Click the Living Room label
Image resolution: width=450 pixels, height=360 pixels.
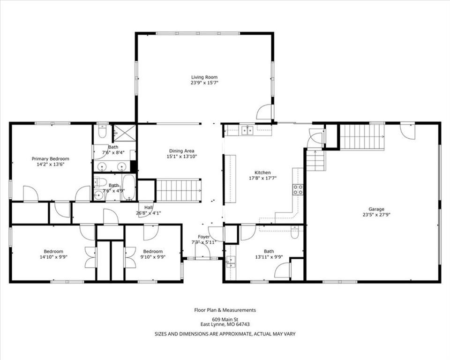click(204, 77)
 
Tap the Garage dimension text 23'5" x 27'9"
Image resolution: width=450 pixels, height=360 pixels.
click(376, 214)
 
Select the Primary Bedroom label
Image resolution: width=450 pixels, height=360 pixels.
click(50, 159)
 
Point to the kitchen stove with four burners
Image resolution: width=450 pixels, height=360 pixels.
click(298, 189)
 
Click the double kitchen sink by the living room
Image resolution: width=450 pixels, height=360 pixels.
click(247, 130)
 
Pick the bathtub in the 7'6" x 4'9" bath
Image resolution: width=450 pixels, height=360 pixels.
click(128, 187)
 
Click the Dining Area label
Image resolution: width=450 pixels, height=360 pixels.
click(181, 151)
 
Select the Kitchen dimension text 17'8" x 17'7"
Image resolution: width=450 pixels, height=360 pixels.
click(262, 178)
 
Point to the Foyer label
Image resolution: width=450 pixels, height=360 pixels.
click(204, 237)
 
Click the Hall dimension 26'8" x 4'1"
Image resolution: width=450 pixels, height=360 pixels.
click(149, 213)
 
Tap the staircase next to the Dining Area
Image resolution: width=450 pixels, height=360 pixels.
click(179, 190)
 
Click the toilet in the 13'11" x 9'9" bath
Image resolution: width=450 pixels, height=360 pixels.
click(295, 232)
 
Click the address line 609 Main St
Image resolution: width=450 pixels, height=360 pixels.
click(225, 319)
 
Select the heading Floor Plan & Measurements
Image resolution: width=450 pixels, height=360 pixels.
click(225, 310)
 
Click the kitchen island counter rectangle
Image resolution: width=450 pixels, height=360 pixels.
click(230, 179)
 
